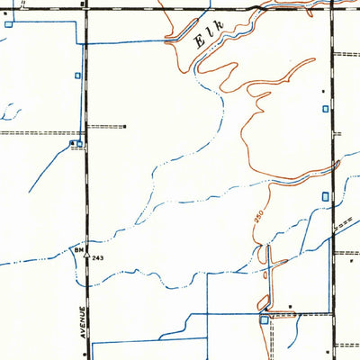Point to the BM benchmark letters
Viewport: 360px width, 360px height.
click(x=80, y=247)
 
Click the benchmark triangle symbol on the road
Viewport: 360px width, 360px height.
click(x=87, y=256)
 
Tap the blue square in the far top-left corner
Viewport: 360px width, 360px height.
click(x=9, y=23)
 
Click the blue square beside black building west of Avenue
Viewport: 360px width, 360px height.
click(x=80, y=142)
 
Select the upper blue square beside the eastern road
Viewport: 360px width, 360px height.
click(x=325, y=109)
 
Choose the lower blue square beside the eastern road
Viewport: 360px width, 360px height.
click(x=325, y=196)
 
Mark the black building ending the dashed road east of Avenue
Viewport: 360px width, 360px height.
click(x=125, y=126)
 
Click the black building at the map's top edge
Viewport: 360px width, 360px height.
click(x=83, y=4)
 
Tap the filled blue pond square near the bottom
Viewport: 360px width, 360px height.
click(x=264, y=319)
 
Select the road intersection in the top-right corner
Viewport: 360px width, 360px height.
click(x=332, y=8)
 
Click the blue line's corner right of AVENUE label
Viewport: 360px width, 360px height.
click(x=93, y=343)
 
